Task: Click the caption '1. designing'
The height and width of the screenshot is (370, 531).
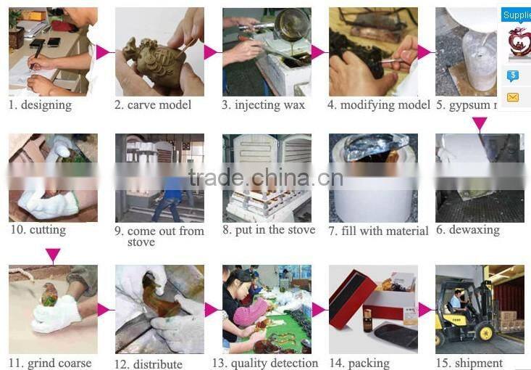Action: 40,105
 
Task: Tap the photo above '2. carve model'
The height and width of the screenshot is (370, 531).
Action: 159,52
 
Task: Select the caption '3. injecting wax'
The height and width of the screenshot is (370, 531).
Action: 263,105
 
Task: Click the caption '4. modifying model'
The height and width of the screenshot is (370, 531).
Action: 378,105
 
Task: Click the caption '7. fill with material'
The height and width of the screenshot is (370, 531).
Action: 378,231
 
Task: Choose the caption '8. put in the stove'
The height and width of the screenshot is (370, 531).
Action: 269,230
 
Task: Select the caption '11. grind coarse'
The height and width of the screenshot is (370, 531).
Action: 50,363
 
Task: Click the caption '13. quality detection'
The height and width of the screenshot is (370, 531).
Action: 265,363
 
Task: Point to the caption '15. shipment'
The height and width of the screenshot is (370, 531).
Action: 469,363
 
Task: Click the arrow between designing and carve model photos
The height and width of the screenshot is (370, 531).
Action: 103,52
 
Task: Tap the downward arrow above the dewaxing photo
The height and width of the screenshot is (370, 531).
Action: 480,123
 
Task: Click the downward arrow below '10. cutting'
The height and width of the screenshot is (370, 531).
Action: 52,255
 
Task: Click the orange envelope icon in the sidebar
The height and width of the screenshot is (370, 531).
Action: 513,96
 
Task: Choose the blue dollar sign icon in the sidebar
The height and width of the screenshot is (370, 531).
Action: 513,75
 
